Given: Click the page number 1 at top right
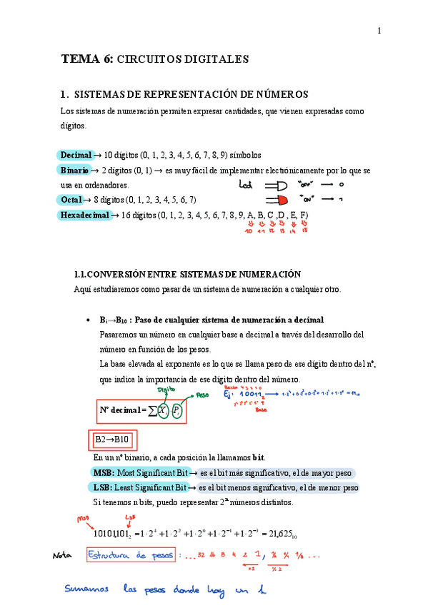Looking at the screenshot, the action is (379, 30).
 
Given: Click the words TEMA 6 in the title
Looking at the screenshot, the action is (86, 59).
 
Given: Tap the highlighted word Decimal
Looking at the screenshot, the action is (76, 155).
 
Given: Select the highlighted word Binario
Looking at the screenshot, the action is (74, 171).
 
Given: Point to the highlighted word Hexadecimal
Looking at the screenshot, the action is (85, 215).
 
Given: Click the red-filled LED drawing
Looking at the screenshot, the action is (276, 199).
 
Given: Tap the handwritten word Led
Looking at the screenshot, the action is (245, 185).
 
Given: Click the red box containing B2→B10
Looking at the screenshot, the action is (113, 439).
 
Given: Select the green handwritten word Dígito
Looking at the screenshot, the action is (166, 390).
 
